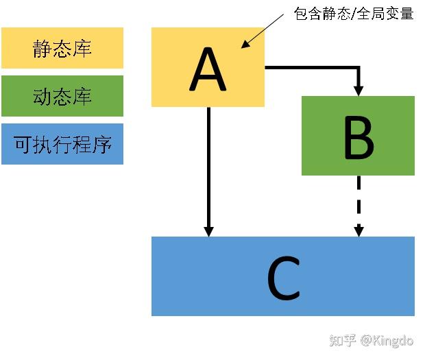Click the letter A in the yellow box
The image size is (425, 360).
208,68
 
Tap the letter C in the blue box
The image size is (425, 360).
282,277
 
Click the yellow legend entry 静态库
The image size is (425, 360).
62,48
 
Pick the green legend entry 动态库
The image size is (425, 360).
62,96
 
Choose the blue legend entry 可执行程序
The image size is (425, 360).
62,144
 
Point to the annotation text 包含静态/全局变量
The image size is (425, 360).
354,13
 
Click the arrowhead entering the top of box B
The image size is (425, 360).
358,90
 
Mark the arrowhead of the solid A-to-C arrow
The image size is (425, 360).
208,230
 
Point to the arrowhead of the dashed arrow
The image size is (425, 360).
358,230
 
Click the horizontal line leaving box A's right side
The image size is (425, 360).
308,67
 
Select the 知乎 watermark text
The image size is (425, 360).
343,340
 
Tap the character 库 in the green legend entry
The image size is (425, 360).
82,96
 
